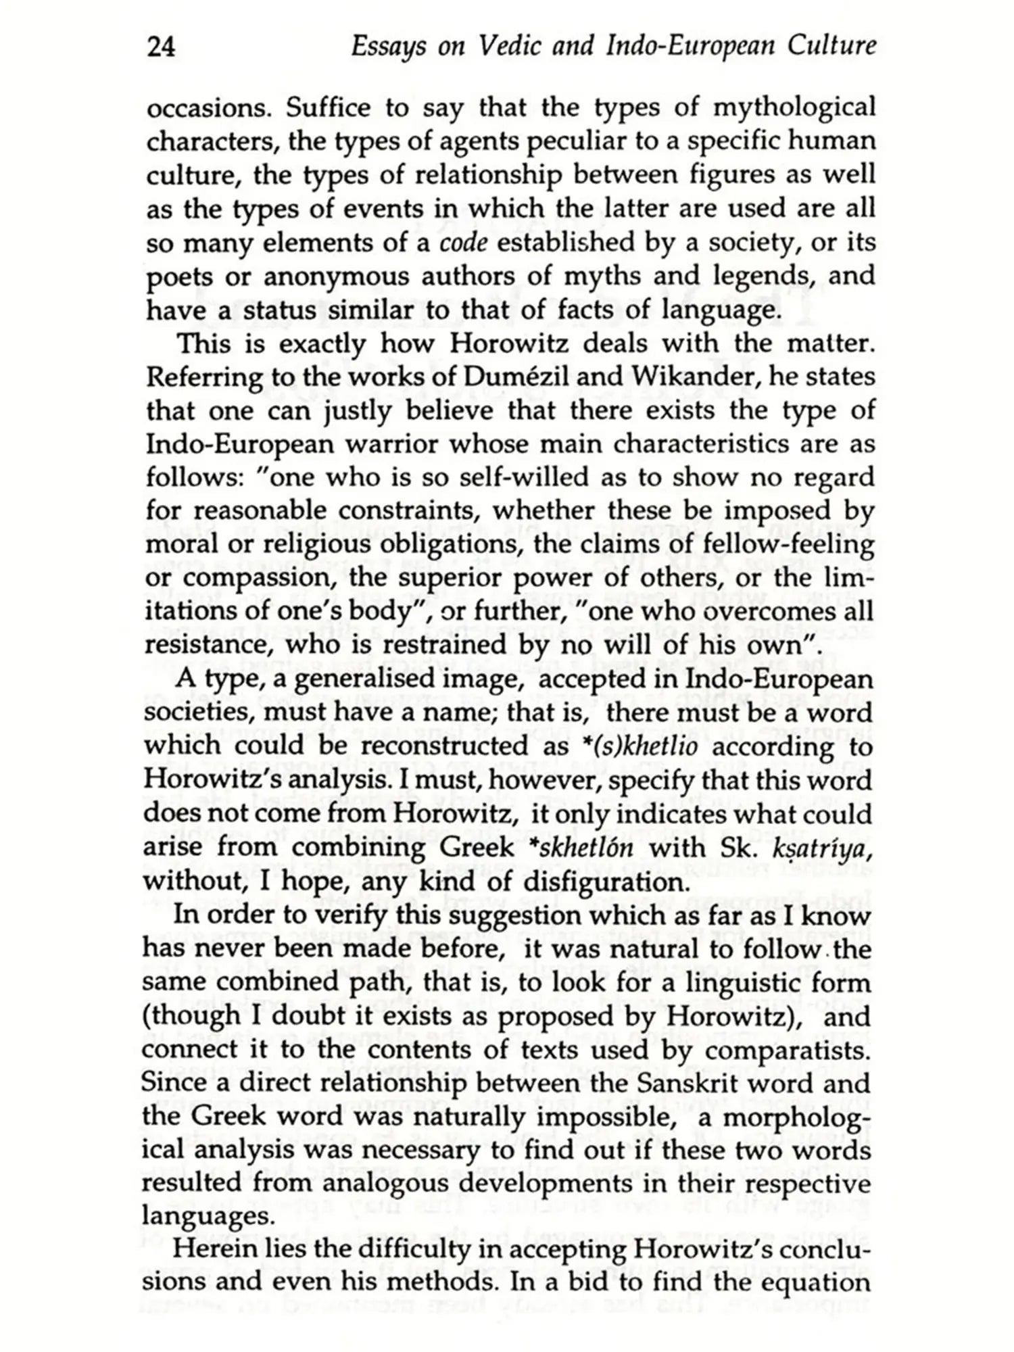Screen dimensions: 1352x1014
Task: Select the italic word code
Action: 463,243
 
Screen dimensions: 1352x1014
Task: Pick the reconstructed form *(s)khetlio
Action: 653,747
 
